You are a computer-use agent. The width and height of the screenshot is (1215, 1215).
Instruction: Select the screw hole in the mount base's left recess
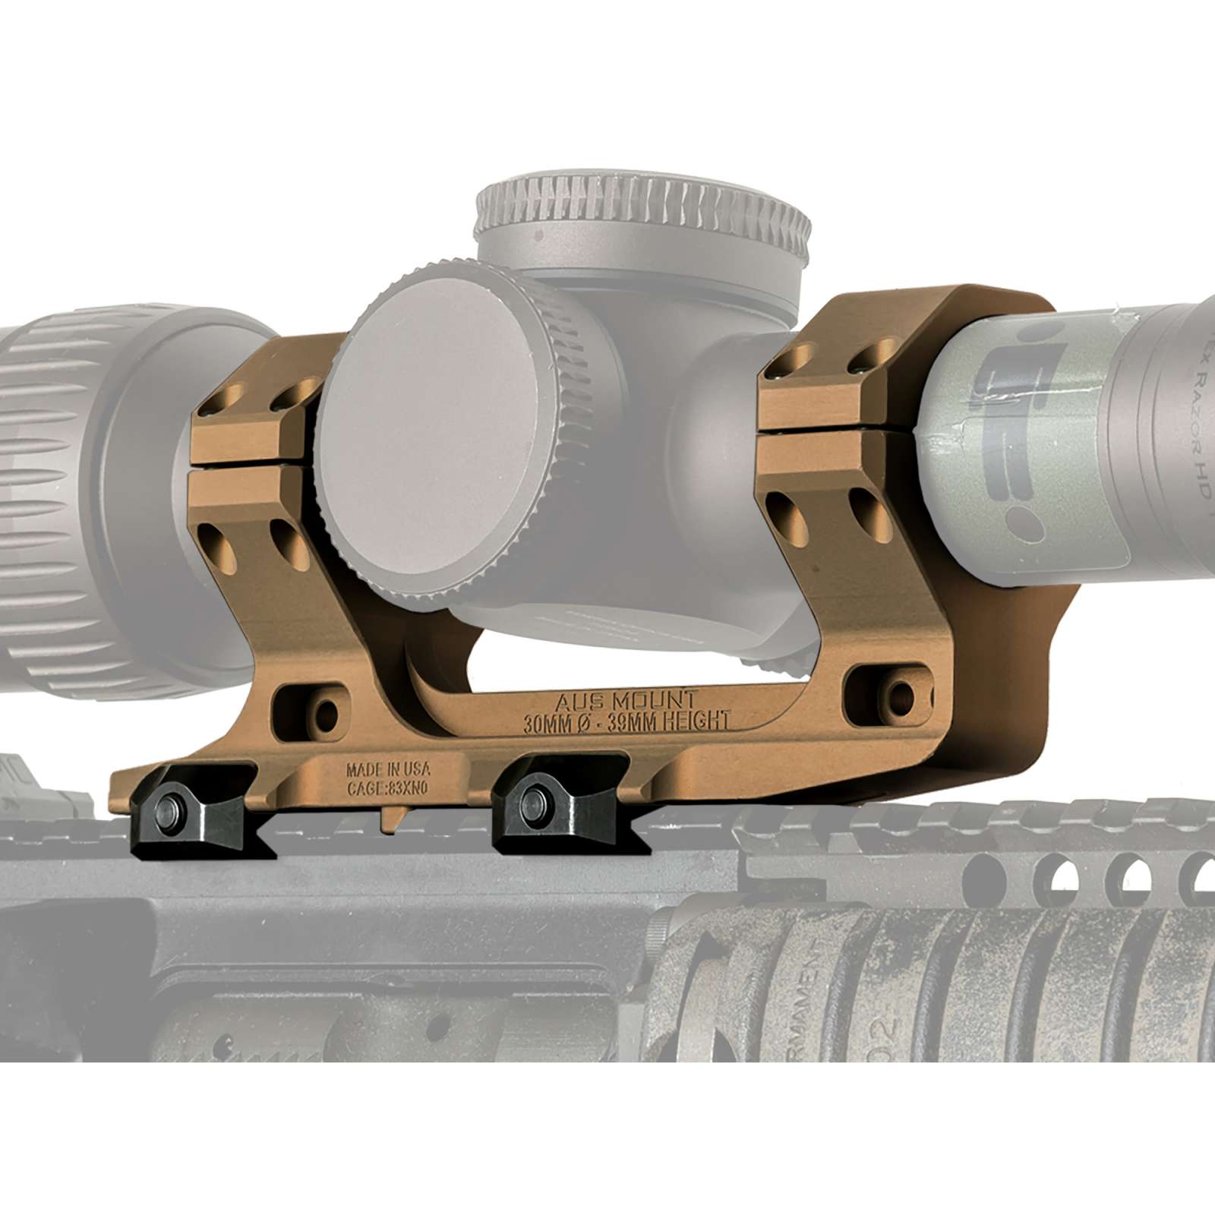coord(327,712)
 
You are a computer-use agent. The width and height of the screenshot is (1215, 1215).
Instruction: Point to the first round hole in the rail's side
coord(987,879)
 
